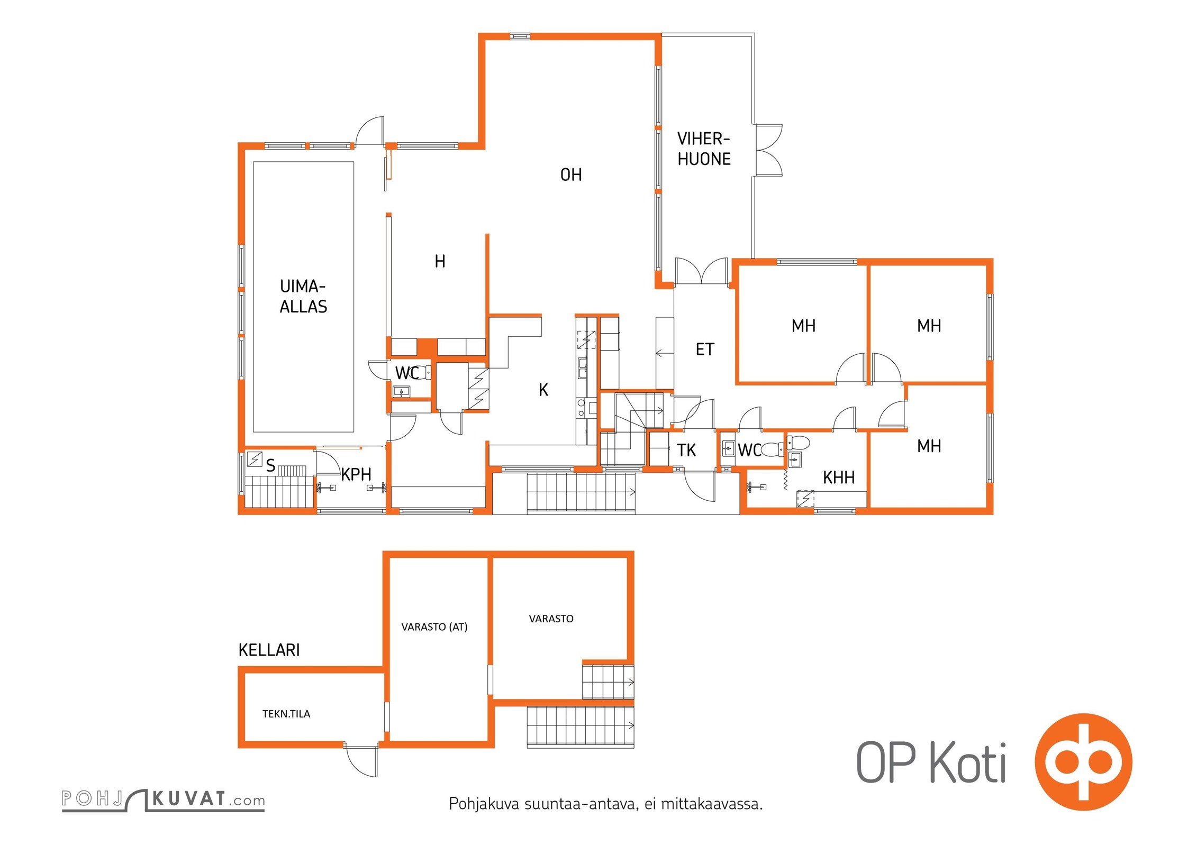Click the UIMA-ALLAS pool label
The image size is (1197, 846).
pyautogui.click(x=303, y=297)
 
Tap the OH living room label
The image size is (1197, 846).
pyautogui.click(x=571, y=175)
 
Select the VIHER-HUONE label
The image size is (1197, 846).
pyautogui.click(x=704, y=149)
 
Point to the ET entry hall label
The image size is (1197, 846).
pyautogui.click(x=705, y=350)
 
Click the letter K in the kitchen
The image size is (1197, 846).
pyautogui.click(x=543, y=390)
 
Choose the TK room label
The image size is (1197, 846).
pyautogui.click(x=686, y=450)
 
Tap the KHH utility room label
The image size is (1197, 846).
pyautogui.click(x=839, y=477)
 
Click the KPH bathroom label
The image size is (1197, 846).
pyautogui.click(x=356, y=474)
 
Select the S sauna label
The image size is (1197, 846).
pyautogui.click(x=270, y=465)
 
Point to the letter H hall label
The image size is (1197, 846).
pyautogui.click(x=440, y=261)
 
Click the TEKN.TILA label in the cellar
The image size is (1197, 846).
pyautogui.click(x=286, y=714)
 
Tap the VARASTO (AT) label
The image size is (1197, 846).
pyautogui.click(x=434, y=627)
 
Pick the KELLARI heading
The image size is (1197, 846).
pyautogui.click(x=269, y=650)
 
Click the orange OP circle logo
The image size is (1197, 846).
pyautogui.click(x=1083, y=762)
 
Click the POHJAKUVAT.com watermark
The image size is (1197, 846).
pyautogui.click(x=163, y=799)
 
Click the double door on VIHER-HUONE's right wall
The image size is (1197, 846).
pyautogui.click(x=769, y=150)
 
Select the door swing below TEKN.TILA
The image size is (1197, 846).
pyautogui.click(x=362, y=761)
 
